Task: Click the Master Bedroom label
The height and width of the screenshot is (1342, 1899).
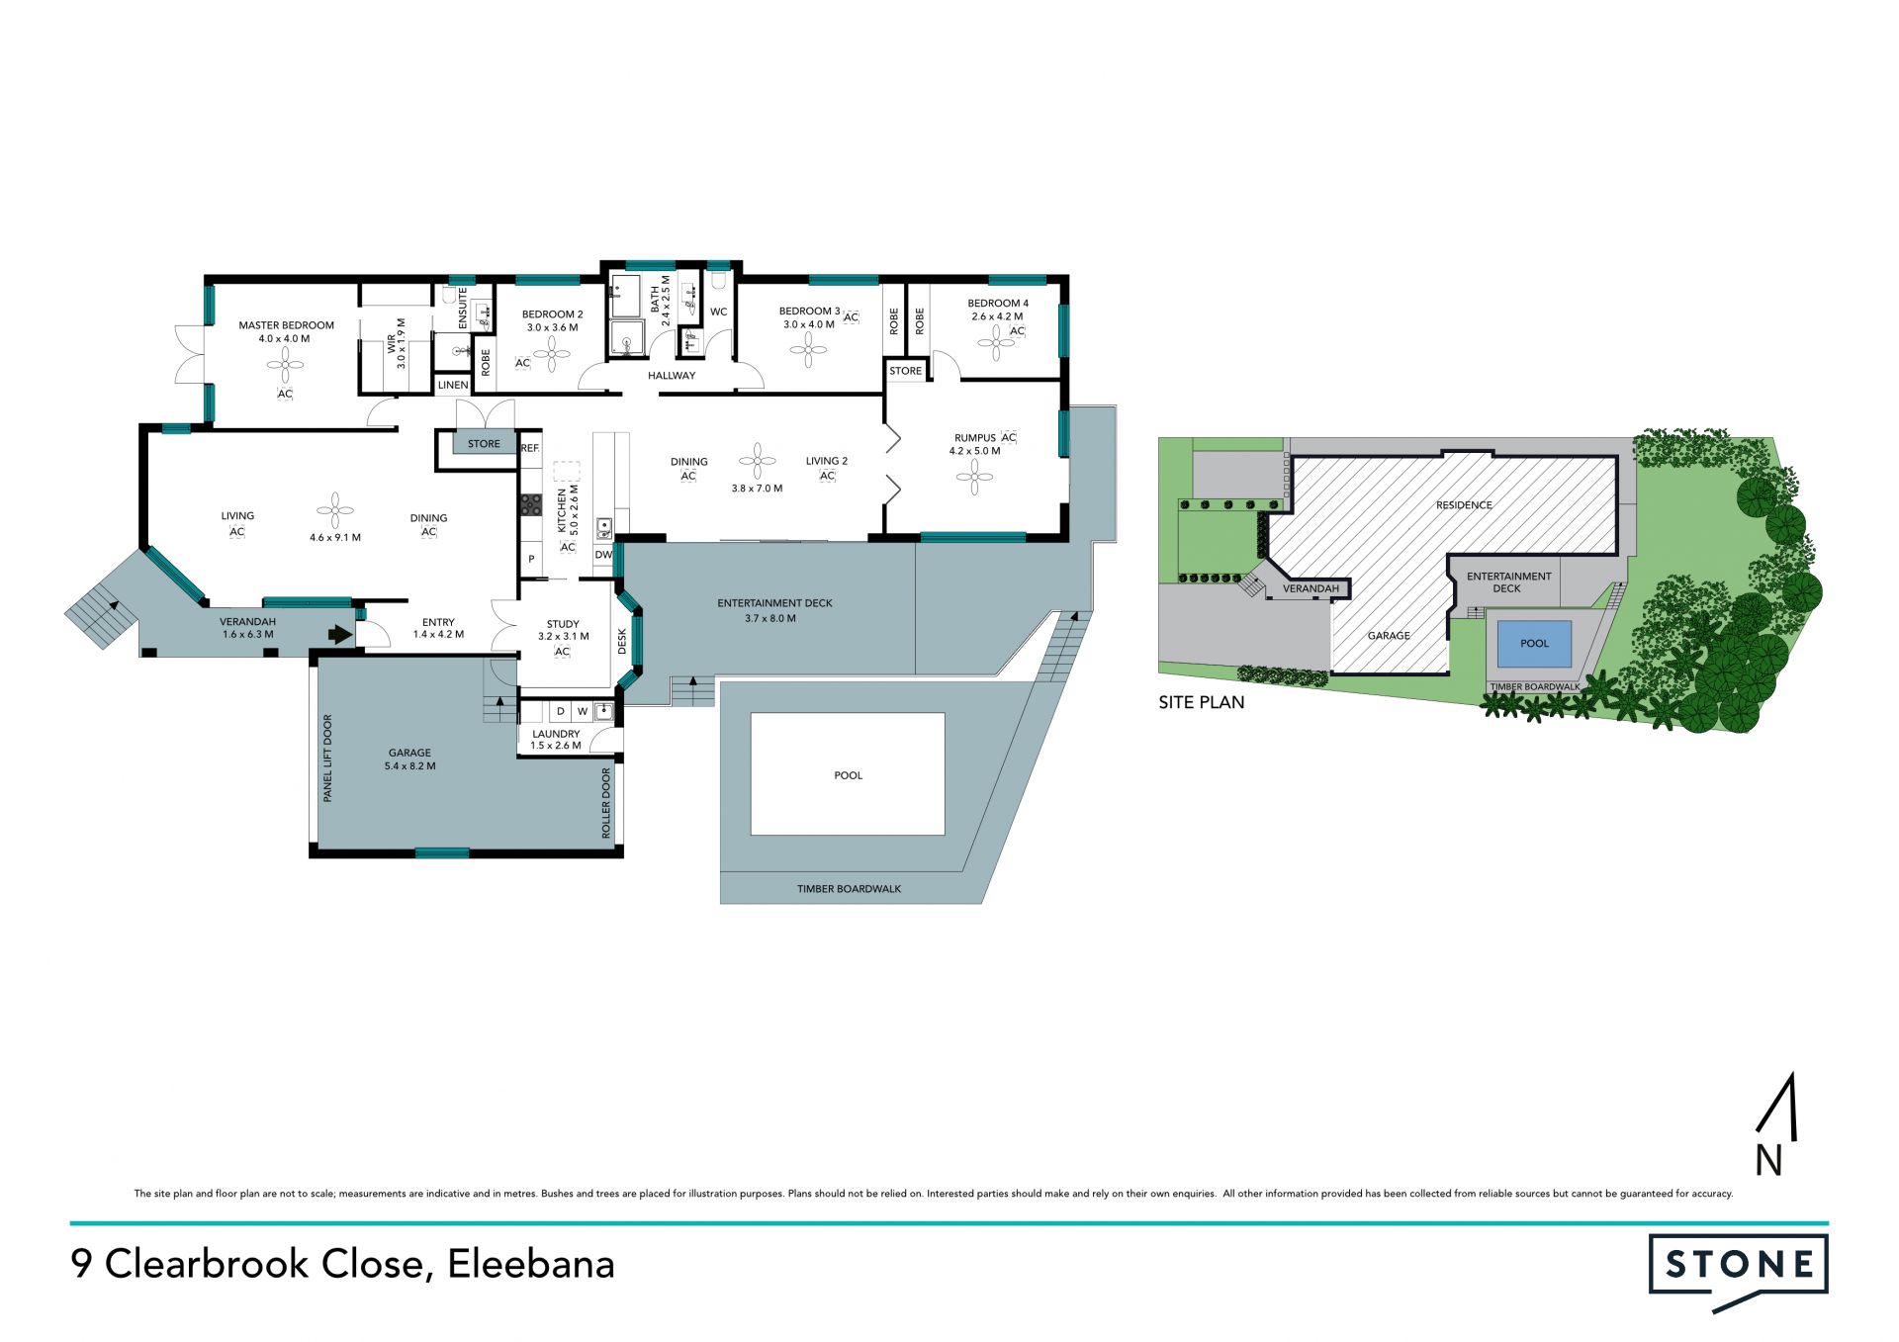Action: coord(286,325)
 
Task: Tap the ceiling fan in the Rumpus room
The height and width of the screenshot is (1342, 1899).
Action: coord(975,478)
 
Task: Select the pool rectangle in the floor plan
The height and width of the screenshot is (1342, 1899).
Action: coord(848,774)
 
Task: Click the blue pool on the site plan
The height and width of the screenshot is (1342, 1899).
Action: coord(1534,644)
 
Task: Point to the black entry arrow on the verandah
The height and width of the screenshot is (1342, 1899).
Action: coord(340,634)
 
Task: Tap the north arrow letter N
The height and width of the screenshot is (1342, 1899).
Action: coord(1769,1160)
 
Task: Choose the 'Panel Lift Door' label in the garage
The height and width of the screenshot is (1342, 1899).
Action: coord(327,758)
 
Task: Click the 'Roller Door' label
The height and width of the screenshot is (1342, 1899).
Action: coord(606,803)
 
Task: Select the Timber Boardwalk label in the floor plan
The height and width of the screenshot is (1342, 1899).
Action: coord(849,889)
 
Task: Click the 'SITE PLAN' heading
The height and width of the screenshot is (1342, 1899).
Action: coord(1202,702)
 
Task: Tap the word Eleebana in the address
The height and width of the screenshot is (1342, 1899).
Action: coord(531,1264)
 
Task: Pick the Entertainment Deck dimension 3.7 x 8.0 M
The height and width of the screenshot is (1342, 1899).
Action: coord(770,618)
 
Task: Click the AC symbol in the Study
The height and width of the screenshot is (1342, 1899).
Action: coord(562,652)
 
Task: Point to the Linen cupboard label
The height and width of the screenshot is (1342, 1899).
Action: coord(453,385)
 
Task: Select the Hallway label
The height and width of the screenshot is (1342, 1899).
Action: coord(672,376)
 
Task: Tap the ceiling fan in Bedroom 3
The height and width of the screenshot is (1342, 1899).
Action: coord(808,349)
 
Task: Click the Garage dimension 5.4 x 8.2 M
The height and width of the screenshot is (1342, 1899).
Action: coord(410,766)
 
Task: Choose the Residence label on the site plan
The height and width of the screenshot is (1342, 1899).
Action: coord(1464,505)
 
